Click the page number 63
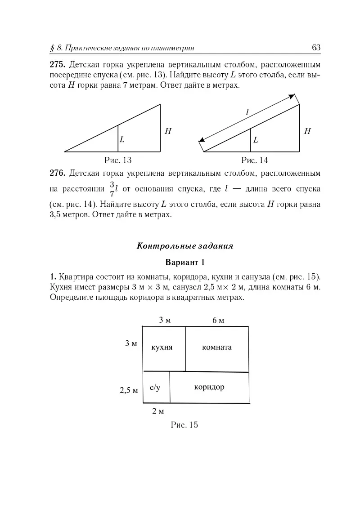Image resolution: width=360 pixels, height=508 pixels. pyautogui.click(x=315, y=48)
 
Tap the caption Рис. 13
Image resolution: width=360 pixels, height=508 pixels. pyautogui.click(x=118, y=160)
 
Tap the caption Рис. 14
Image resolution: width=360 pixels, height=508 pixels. pyautogui.click(x=254, y=160)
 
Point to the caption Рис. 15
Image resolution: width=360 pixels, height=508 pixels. pyautogui.click(x=184, y=424)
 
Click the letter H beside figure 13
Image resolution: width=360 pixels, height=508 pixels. pyautogui.click(x=168, y=131)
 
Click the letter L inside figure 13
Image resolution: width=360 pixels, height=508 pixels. pyautogui.click(x=121, y=140)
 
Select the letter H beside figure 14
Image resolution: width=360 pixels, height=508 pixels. pyautogui.click(x=307, y=131)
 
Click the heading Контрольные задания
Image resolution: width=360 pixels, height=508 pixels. pyautogui.click(x=184, y=246)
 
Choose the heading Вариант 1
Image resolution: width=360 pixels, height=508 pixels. pyautogui.click(x=184, y=262)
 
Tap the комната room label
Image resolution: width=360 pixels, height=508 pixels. pyautogui.click(x=217, y=347)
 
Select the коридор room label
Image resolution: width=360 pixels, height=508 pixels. pyautogui.click(x=209, y=387)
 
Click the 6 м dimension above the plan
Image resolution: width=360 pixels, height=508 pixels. pyautogui.click(x=218, y=320)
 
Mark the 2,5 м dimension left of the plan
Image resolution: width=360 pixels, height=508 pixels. pyautogui.click(x=128, y=390)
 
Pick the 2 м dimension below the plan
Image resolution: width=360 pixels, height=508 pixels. pyautogui.click(x=157, y=411)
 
